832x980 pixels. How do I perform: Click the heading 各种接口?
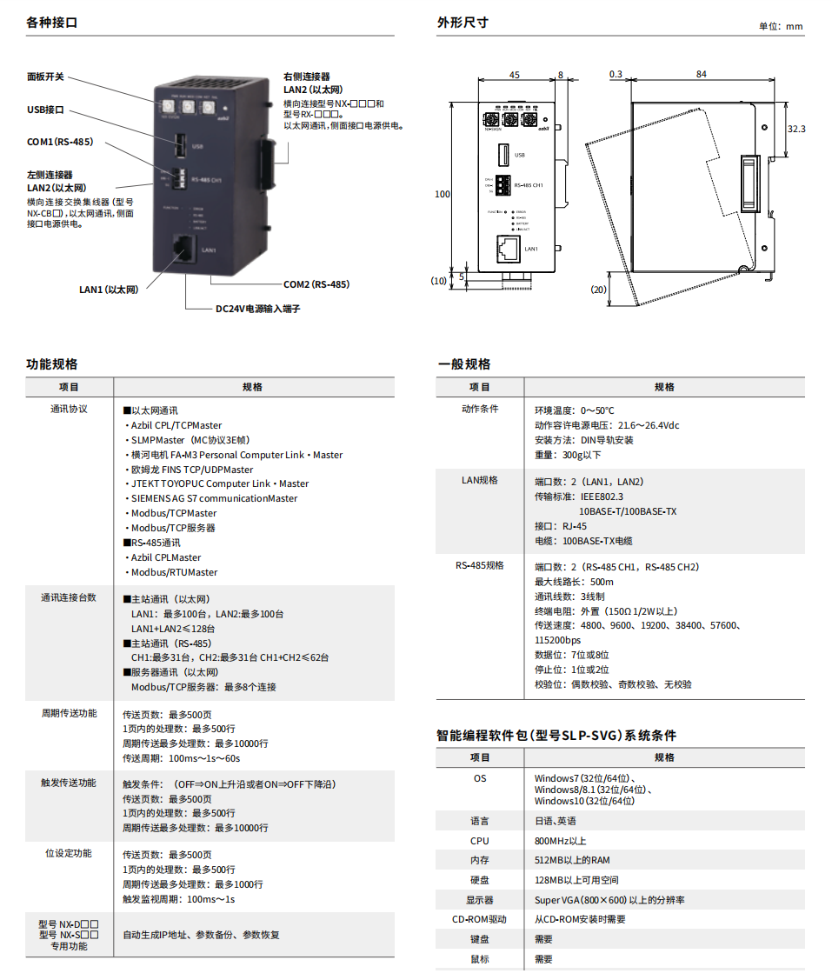52,23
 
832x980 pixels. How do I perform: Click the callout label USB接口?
45,110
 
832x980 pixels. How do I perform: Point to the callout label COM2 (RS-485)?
316,284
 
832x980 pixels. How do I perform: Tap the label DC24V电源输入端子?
257,309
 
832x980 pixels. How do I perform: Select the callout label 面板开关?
45,77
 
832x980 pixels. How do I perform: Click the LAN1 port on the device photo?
183,248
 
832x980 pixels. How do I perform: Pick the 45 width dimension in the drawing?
515,76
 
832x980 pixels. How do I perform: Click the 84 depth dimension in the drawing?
701,76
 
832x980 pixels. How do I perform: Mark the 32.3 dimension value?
795,129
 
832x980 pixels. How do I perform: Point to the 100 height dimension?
443,194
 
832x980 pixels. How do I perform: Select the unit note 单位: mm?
782,26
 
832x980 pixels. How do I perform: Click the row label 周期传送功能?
69,714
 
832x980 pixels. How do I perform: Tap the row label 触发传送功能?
69,783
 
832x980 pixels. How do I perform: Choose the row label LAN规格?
479,480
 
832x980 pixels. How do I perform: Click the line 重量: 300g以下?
568,455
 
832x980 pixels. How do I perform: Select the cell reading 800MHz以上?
561,841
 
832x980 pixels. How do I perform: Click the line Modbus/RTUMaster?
174,572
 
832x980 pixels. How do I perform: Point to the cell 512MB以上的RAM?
572,861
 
